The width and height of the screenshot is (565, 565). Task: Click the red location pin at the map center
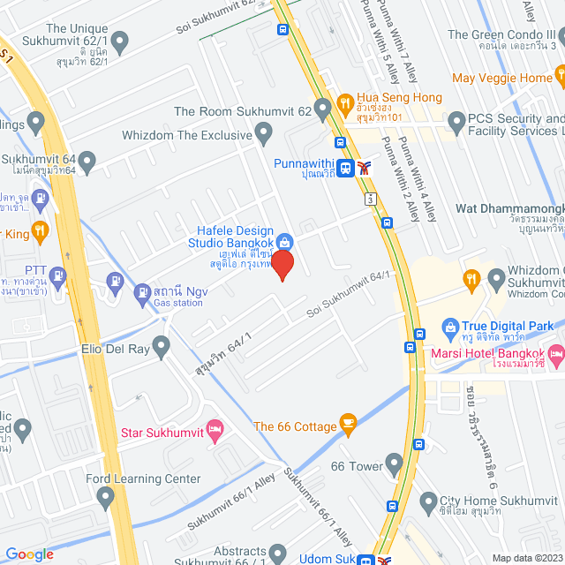click(282, 265)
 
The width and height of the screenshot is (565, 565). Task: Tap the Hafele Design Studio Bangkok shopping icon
click(284, 241)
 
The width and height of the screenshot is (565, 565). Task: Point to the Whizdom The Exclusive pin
click(263, 133)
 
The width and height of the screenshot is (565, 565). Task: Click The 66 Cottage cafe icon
click(348, 425)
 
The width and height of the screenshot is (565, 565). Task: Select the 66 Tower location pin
click(395, 464)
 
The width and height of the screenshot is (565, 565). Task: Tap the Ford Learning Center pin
click(107, 499)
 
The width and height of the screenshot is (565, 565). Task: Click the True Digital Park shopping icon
click(449, 327)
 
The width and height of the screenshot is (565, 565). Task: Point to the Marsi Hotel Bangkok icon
click(555, 357)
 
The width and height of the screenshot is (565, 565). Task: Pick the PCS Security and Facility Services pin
click(456, 119)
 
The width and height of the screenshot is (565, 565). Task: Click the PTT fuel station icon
click(59, 274)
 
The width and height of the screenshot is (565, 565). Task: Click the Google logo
click(30, 554)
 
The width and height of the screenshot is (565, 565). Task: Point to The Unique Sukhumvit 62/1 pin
click(120, 40)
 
